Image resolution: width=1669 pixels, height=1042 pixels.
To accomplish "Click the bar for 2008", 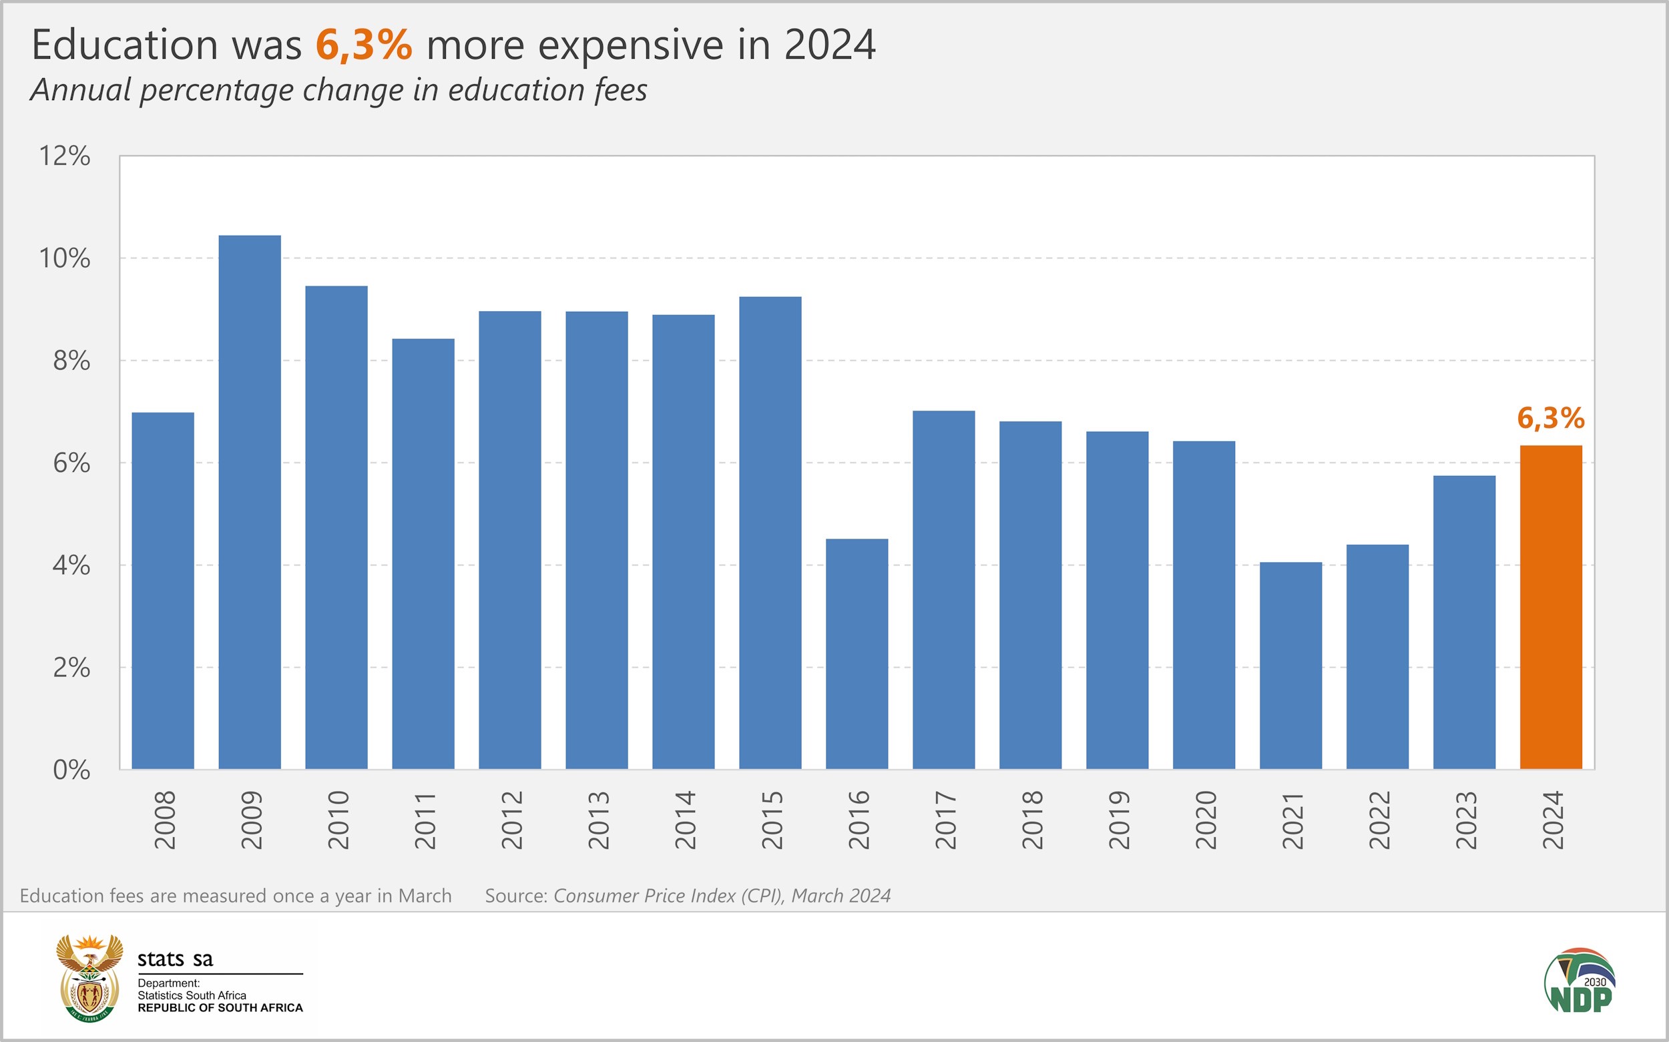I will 163,591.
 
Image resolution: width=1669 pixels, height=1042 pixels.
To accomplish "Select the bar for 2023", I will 1464,621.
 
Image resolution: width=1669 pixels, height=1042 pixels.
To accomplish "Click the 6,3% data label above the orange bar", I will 1550,419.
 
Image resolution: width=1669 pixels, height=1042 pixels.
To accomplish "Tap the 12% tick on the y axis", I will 65,156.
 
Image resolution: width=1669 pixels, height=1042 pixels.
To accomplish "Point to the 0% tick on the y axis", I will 71,770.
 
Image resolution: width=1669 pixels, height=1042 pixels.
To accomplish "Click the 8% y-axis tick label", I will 71,360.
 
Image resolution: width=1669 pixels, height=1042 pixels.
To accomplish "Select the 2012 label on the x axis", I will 511,820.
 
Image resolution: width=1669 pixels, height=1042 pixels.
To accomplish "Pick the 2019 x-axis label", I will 1118,820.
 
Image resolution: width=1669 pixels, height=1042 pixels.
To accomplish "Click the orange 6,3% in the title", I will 364,45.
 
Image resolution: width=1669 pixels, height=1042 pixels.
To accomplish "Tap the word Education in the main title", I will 125,45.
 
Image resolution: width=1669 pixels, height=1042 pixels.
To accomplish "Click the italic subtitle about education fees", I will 338,90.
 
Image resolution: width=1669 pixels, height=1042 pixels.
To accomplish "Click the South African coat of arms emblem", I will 89,977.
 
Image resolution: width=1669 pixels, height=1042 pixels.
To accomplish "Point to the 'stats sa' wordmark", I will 175,959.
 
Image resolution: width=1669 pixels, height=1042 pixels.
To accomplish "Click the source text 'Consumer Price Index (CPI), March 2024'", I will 722,896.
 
